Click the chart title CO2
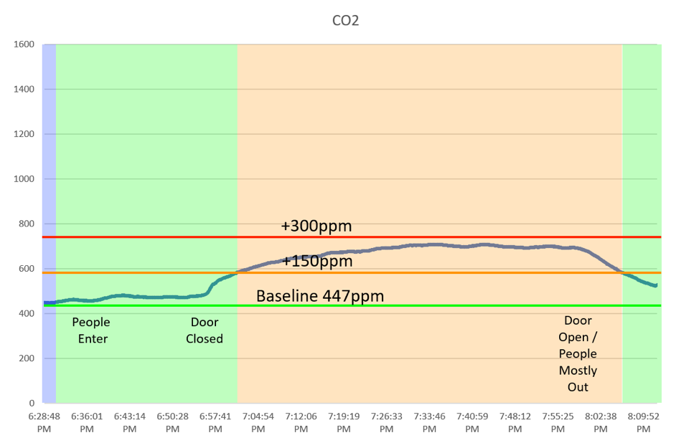pyautogui.click(x=344, y=21)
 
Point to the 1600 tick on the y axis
pyautogui.click(x=24, y=44)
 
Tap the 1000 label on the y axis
pyautogui.click(x=24, y=179)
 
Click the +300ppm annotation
pyautogui.click(x=316, y=227)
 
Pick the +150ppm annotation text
pyautogui.click(x=317, y=262)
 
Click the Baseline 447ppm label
pyautogui.click(x=320, y=296)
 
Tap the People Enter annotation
pyautogui.click(x=91, y=330)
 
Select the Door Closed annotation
pyautogui.click(x=205, y=330)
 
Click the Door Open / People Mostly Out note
pyautogui.click(x=578, y=354)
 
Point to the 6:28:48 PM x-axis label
pyautogui.click(x=44, y=421)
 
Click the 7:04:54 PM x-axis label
pyautogui.click(x=258, y=421)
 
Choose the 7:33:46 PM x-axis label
pyautogui.click(x=429, y=421)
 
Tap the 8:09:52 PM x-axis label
pyautogui.click(x=643, y=421)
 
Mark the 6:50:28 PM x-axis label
pyautogui.click(x=172, y=421)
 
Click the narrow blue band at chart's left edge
pyautogui.click(x=49, y=215)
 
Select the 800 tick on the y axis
pyautogui.click(x=27, y=224)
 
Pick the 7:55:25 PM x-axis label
pyautogui.click(x=558, y=421)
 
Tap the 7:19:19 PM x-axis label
pyautogui.click(x=344, y=421)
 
